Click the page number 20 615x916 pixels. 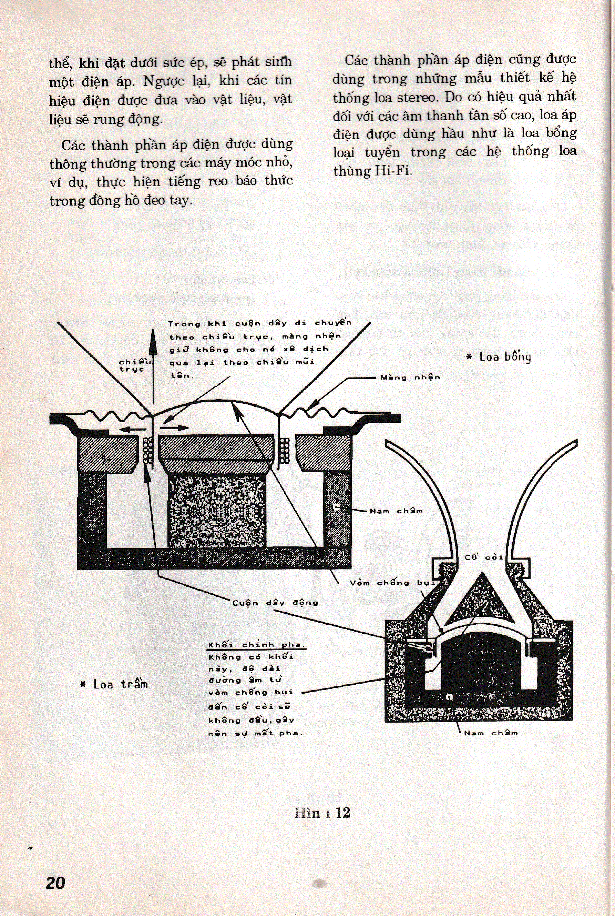pos(56,883)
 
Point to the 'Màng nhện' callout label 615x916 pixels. pos(410,378)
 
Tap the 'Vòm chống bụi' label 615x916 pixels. pos(392,583)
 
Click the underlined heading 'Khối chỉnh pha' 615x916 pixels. pos(257,645)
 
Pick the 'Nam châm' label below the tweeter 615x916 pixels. pos(491,733)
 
